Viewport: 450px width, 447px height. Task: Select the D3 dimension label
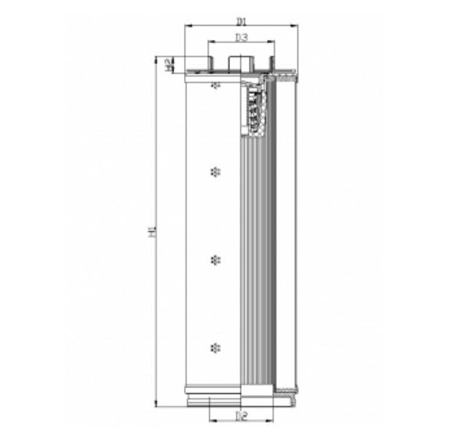241,37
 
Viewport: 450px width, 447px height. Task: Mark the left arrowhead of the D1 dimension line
187,26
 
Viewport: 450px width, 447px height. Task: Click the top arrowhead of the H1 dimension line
159,58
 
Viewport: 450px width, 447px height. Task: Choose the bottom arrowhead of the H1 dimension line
159,405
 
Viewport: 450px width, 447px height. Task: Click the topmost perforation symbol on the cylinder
216,84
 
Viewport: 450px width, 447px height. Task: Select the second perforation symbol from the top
216,171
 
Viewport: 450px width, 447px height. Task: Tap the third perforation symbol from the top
216,258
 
